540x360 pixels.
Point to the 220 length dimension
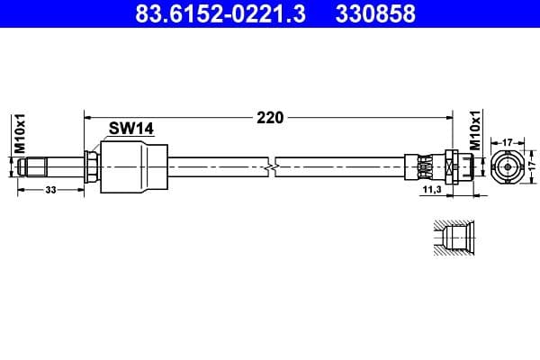(x=270, y=117)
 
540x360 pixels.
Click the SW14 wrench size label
(x=131, y=129)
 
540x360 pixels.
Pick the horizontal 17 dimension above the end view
(x=507, y=141)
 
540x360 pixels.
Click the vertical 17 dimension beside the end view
(x=531, y=166)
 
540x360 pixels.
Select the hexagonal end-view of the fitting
(x=507, y=166)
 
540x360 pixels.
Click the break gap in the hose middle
(x=273, y=167)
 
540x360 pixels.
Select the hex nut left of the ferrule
(x=92, y=167)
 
